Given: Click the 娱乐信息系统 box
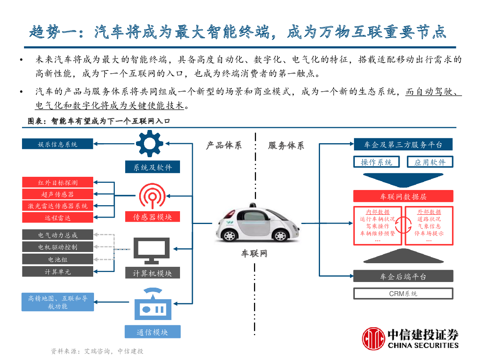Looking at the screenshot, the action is pos(57,144).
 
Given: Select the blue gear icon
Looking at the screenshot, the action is pos(150,144).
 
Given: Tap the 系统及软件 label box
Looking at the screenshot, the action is pos(152,167).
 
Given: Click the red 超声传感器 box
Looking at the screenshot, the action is pos(58,194).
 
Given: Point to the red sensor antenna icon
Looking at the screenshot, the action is pos(152,196).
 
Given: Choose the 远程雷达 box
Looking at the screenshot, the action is pos(58,218).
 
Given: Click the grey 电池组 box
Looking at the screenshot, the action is pos(58,259).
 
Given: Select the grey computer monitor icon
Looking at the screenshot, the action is pos(152,251).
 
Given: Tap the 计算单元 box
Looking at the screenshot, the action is pos(58,272).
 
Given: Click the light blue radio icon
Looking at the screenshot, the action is pos(153,304).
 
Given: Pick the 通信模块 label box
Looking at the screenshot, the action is pos(153,332).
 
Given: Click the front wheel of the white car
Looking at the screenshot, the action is pos(280,236).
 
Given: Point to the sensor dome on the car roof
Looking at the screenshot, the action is pos(253,205).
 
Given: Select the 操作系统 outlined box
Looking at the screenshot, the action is pos(376,162).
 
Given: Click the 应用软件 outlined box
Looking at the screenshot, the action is pos(430,162).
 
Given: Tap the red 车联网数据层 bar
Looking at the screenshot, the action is pos(403,196).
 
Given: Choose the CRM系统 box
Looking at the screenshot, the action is pos(403,294).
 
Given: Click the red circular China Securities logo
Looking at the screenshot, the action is pos(373,338).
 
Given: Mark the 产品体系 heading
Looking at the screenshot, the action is pos(224,145).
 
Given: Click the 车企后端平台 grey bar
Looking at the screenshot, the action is pos(403,276).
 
